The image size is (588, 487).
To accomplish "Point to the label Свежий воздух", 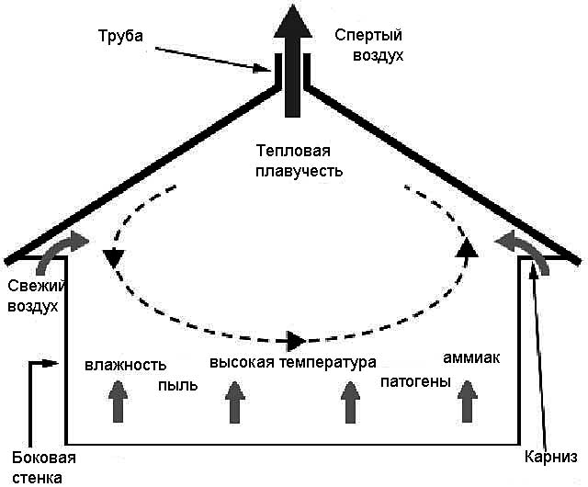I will point(33,295).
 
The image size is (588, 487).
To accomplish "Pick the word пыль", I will point(177,385).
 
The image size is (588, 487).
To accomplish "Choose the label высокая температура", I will point(293,362).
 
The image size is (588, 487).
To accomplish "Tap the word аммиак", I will point(470,357).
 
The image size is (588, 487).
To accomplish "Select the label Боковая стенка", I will point(42,467).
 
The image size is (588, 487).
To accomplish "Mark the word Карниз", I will point(550,458).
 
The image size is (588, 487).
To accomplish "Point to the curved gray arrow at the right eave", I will point(523,251).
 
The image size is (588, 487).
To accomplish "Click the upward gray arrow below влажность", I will point(117,402).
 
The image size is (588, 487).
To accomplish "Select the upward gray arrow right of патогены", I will point(469,401).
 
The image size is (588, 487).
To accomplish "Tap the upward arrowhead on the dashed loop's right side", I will point(467,245).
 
